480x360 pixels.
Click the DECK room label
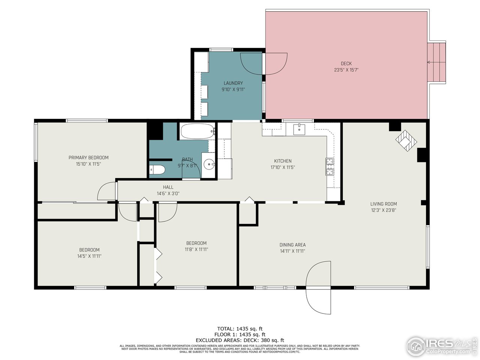[346, 64]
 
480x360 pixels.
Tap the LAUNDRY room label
[233, 83]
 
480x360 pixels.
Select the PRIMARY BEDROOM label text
[88, 157]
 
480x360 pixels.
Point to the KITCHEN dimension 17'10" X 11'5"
[283, 167]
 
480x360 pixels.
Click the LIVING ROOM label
[383, 204]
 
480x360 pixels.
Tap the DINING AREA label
[292, 245]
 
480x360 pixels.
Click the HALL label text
[168, 187]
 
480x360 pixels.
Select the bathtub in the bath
[197, 132]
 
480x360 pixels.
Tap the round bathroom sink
[209, 164]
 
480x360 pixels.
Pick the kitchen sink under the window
[299, 129]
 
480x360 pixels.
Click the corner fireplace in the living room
[406, 141]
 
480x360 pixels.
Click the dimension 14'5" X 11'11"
[89, 256]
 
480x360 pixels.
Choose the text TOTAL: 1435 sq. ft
[240, 328]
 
